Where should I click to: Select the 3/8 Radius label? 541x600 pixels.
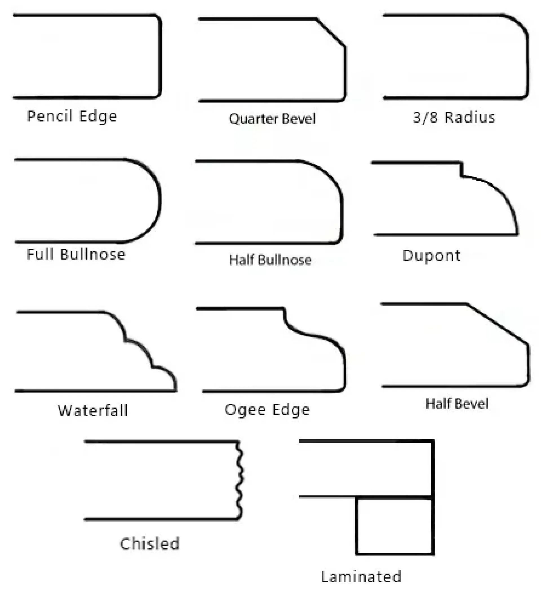[x=454, y=117]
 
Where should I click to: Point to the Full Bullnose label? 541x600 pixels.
[x=76, y=254]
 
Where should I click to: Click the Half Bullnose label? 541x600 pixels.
[x=270, y=260]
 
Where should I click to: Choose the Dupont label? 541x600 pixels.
[x=431, y=255]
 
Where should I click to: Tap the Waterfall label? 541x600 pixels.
[x=93, y=411]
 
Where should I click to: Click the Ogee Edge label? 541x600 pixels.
[x=267, y=410]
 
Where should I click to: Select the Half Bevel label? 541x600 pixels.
[x=457, y=403]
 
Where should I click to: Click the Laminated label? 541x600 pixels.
[x=361, y=577]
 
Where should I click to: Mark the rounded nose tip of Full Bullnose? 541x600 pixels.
[x=160, y=200]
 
